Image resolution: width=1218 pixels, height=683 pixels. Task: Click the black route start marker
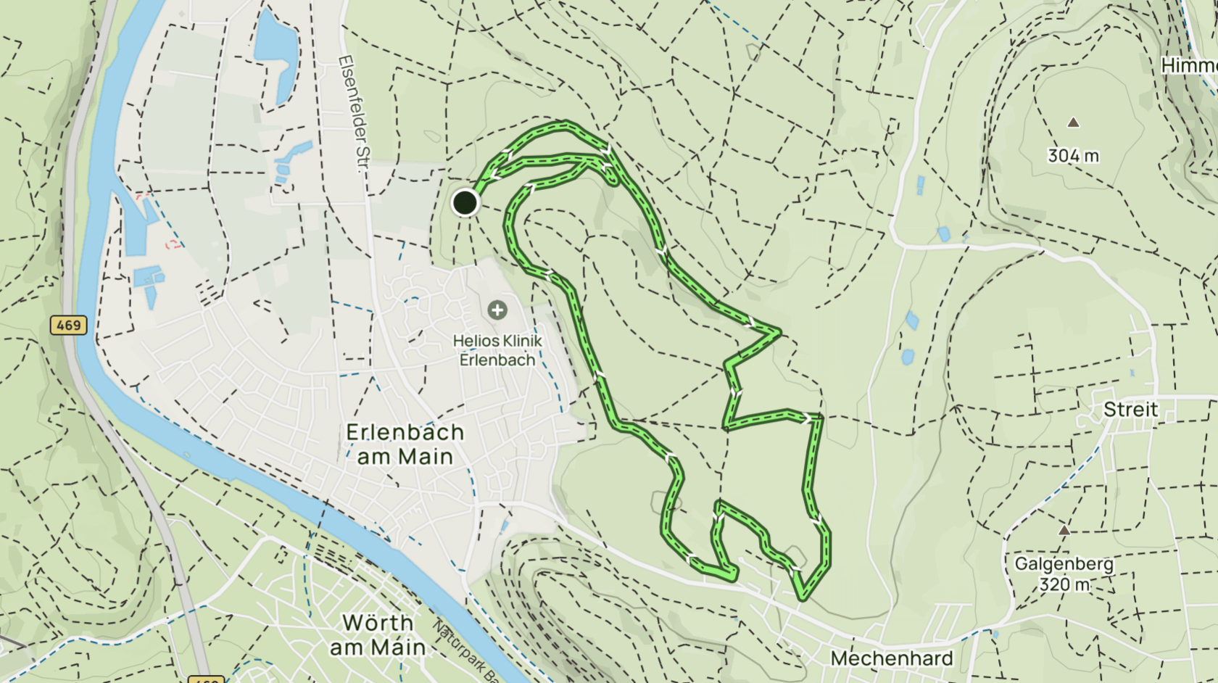(x=465, y=202)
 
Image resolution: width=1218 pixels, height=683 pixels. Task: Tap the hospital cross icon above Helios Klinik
(x=497, y=310)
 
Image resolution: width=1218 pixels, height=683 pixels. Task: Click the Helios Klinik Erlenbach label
(x=497, y=350)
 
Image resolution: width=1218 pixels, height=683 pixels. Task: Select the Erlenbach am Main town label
(x=405, y=444)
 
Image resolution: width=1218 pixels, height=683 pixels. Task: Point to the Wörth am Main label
(x=378, y=634)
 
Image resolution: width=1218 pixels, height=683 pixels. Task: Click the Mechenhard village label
(x=891, y=658)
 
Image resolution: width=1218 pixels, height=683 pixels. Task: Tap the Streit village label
(x=1130, y=410)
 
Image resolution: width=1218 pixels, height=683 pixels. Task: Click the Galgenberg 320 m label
(x=1064, y=574)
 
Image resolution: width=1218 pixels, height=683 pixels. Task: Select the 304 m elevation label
(x=1073, y=155)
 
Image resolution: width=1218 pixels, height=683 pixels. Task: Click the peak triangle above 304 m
(x=1073, y=123)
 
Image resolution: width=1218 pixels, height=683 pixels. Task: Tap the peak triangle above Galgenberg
(x=1064, y=531)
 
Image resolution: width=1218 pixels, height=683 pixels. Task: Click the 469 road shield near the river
(x=69, y=325)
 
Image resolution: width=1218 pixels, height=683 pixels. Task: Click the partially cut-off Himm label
(x=1189, y=66)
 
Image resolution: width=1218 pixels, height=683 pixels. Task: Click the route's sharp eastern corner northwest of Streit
(x=779, y=333)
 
